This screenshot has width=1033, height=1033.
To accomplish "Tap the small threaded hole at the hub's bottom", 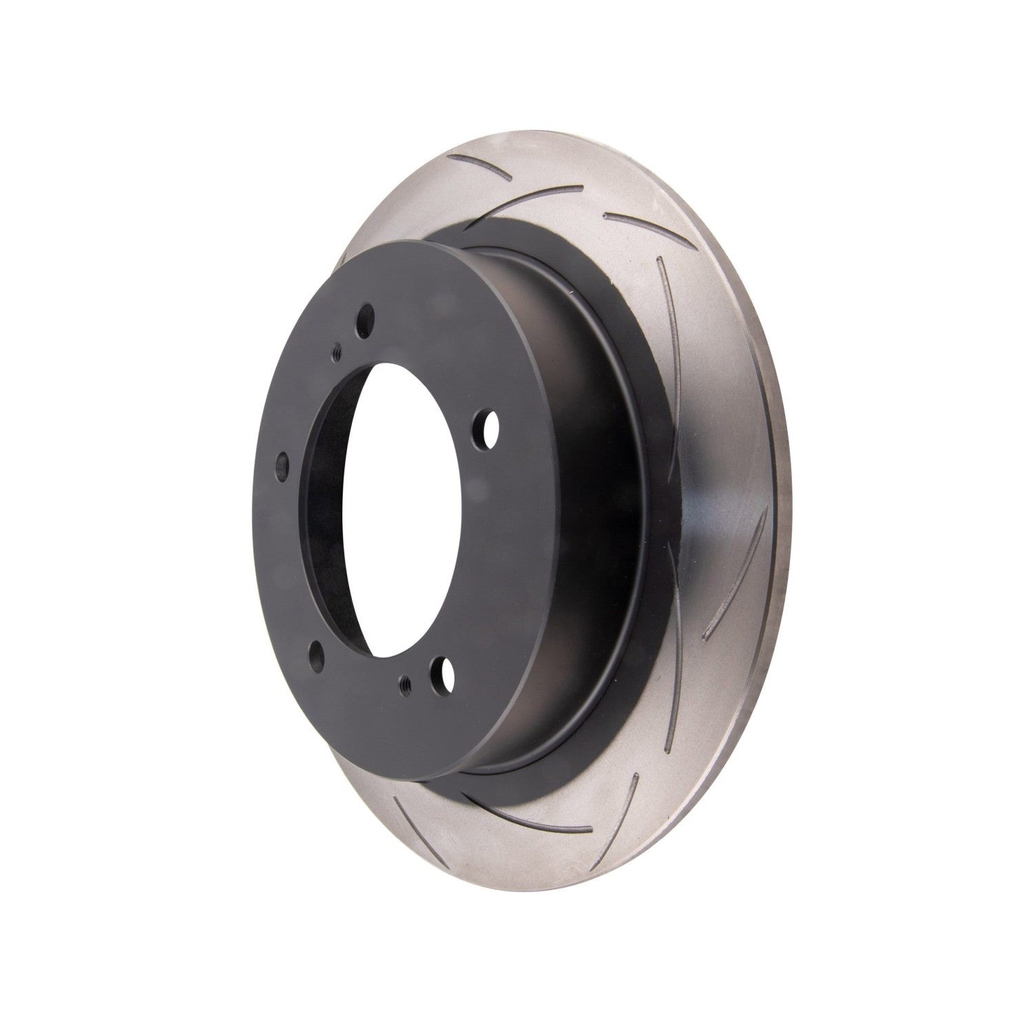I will pos(404,683).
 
